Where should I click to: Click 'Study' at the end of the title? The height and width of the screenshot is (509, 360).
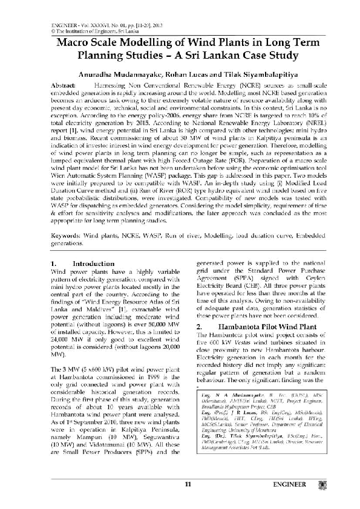pos(278,57)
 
